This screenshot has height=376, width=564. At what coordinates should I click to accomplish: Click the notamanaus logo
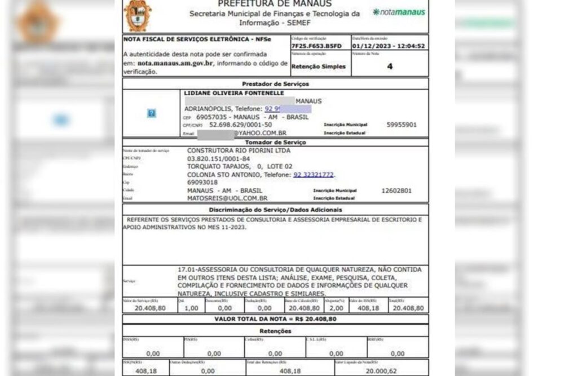(399, 12)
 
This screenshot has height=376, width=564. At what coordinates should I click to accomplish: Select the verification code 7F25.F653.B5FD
(316, 46)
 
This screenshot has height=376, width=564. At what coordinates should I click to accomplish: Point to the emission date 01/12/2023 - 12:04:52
(389, 46)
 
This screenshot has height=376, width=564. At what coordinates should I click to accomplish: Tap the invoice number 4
(390, 66)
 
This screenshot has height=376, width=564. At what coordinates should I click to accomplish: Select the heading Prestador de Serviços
(275, 83)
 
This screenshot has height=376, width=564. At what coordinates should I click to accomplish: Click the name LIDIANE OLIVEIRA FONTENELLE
(233, 92)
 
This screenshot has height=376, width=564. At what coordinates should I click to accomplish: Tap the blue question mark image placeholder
(151, 113)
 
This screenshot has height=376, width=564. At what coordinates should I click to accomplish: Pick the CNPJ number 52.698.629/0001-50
(241, 125)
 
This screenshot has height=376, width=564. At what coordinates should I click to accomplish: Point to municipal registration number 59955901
(402, 125)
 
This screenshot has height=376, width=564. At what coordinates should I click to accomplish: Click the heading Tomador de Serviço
(275, 142)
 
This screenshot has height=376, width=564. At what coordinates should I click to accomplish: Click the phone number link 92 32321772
(314, 175)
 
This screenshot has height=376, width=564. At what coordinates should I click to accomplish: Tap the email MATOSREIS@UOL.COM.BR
(227, 198)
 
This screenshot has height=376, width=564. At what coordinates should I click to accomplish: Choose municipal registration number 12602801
(396, 191)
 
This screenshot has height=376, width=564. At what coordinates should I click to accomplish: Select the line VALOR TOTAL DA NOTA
(275, 319)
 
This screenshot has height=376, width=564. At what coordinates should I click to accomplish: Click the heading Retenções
(275, 331)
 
